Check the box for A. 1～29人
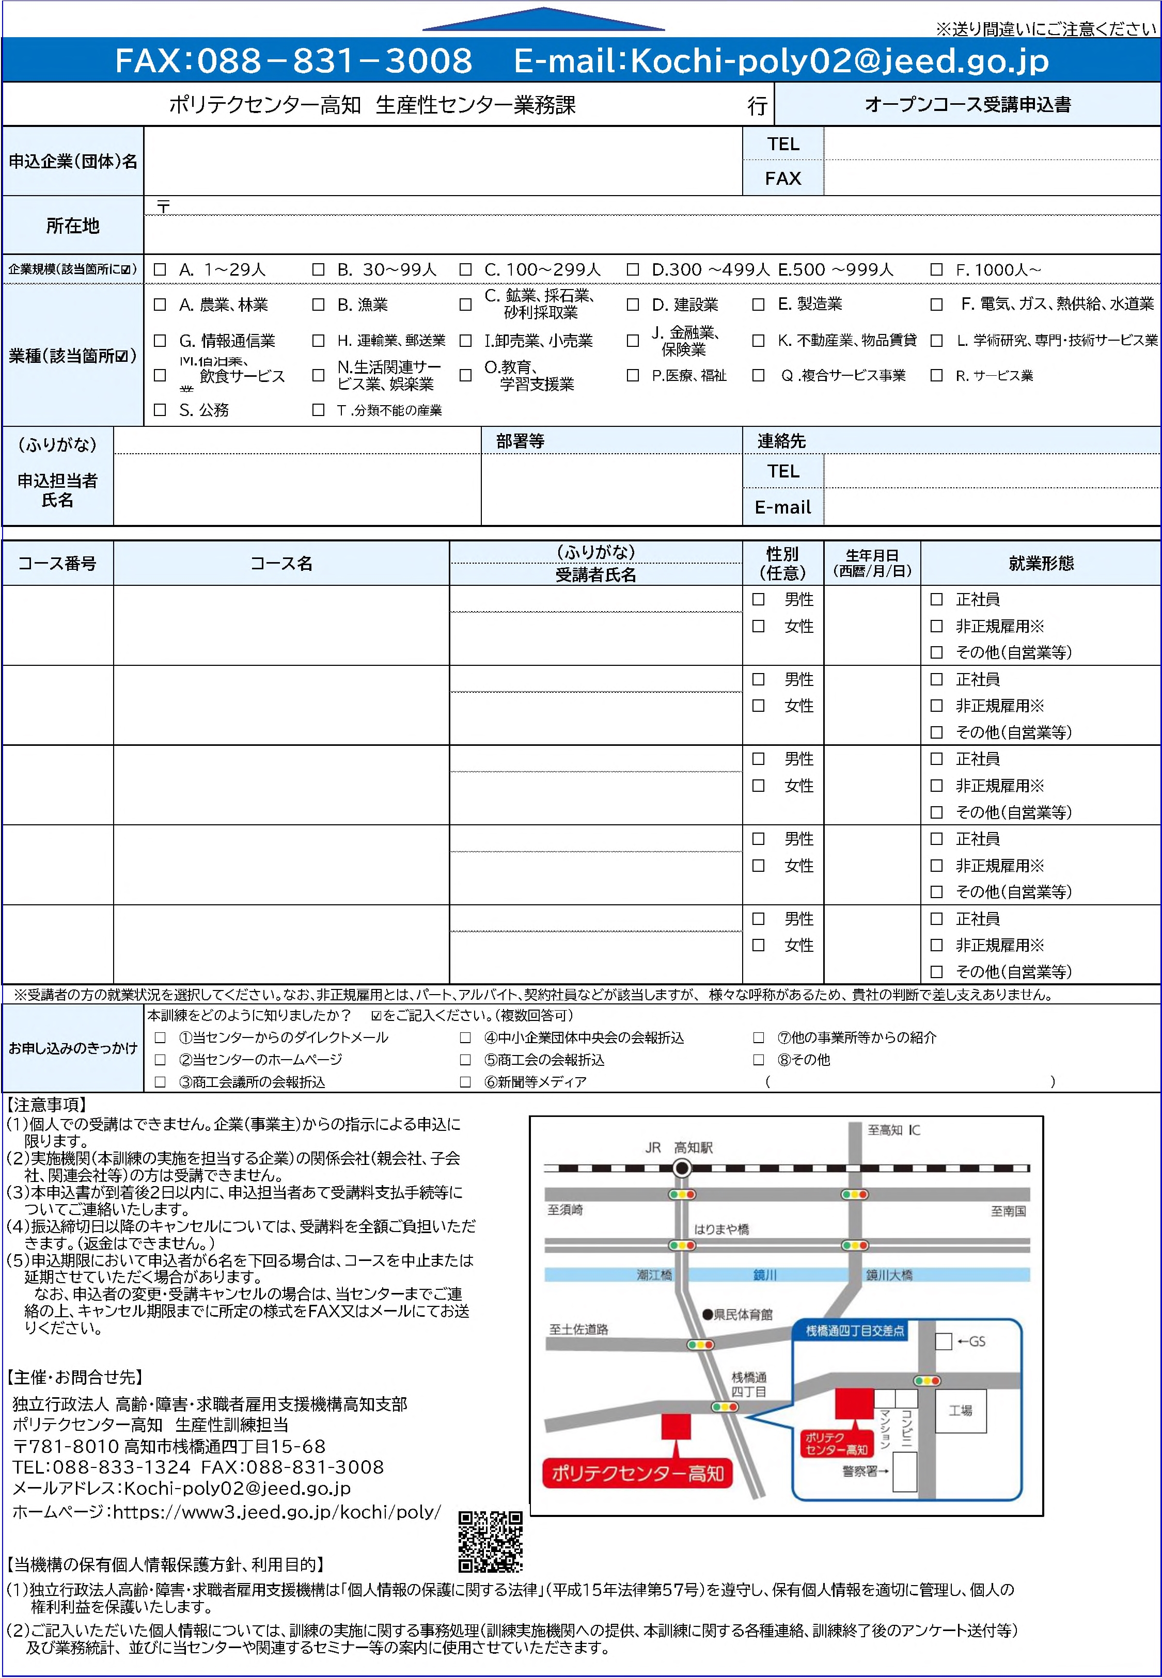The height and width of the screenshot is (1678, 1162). (x=160, y=269)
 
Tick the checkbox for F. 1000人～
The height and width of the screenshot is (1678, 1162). (x=936, y=269)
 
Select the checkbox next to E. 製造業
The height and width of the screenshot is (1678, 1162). (x=758, y=304)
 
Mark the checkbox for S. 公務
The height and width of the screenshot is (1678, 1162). (x=160, y=410)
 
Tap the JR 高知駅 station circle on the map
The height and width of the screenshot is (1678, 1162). (x=682, y=1169)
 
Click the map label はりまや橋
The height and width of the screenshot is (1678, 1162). (x=721, y=1229)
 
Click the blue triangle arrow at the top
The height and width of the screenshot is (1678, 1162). (x=543, y=20)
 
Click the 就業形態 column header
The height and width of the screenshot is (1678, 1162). (x=1041, y=563)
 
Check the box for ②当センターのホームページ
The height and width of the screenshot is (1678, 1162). (x=160, y=1060)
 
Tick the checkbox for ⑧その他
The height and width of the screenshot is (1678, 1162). (x=759, y=1060)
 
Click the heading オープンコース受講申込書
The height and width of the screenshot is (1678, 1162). (x=968, y=105)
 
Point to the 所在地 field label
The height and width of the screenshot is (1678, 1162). (x=73, y=226)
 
